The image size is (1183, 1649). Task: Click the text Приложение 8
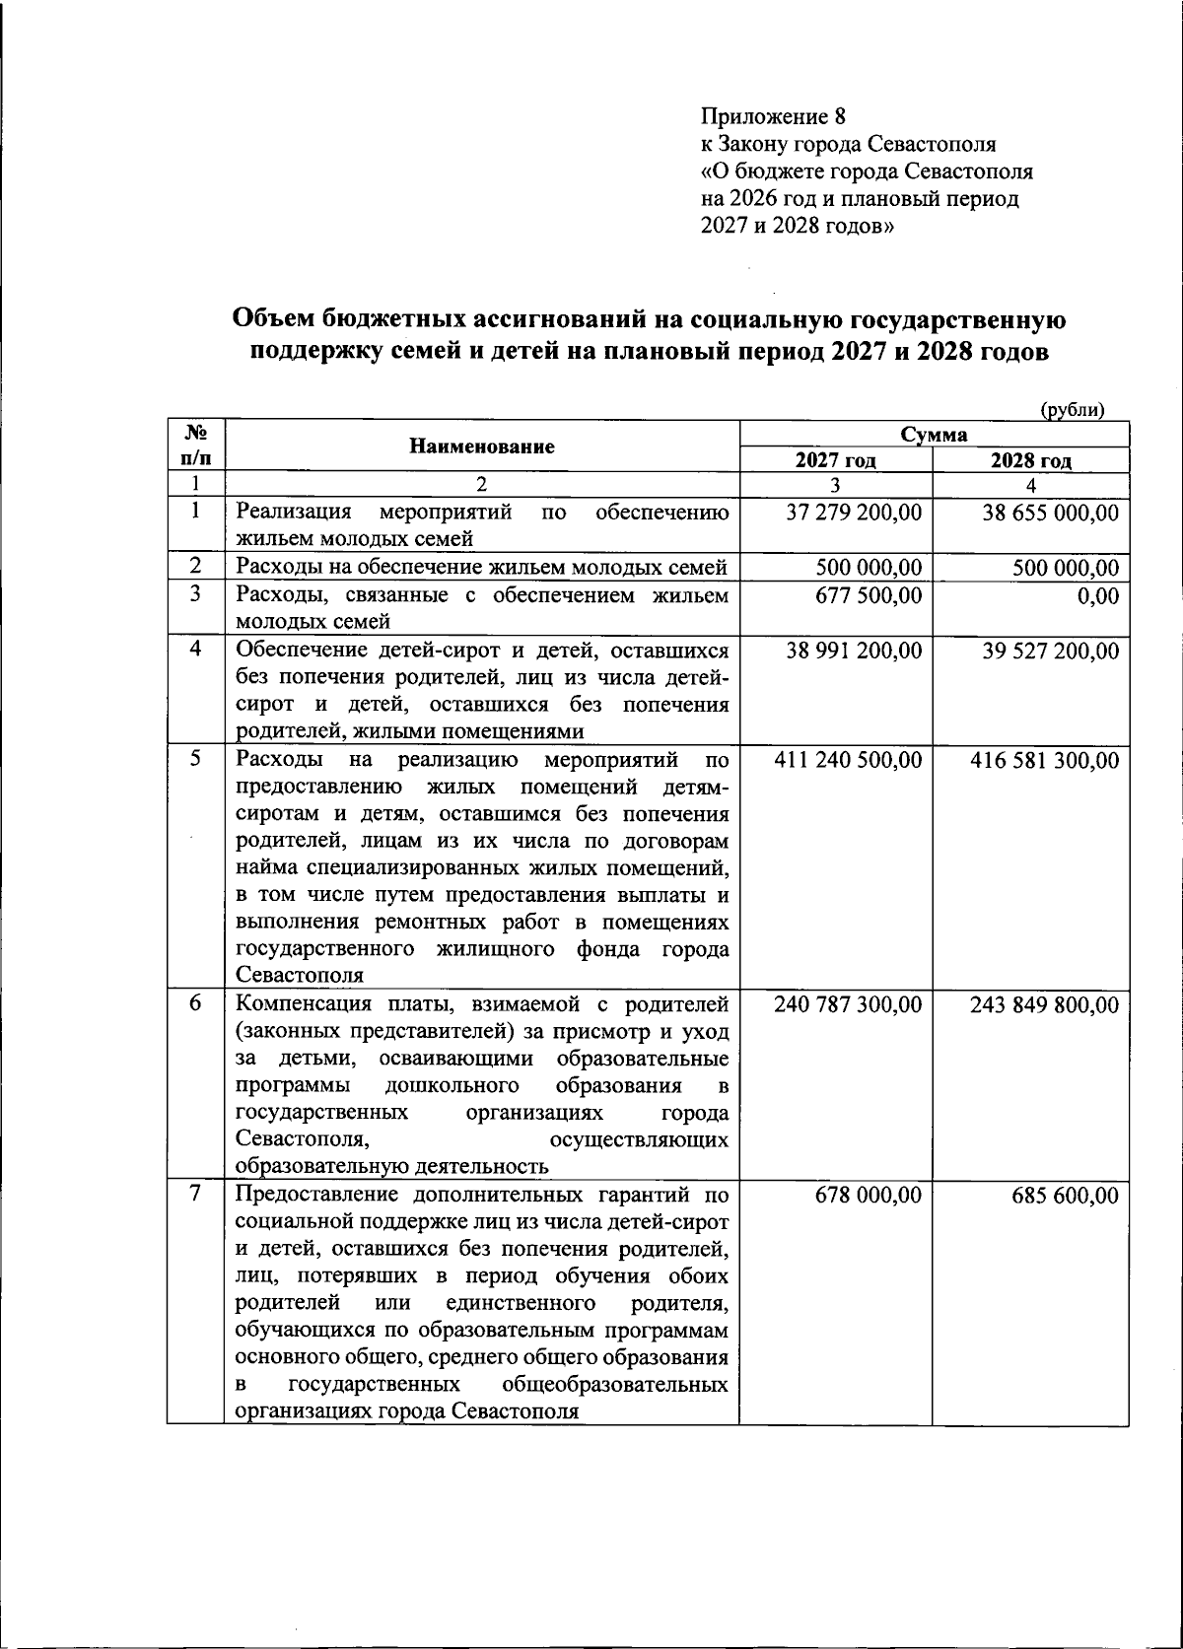773,117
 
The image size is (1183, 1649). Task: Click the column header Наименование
482,447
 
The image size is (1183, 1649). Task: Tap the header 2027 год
836,461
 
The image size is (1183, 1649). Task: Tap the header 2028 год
1030,461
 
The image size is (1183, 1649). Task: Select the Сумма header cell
933,435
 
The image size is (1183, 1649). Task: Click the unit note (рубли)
1072,411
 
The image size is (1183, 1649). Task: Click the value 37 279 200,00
854,513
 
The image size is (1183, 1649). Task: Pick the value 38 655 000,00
1050,513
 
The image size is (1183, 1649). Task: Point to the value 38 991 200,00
854,651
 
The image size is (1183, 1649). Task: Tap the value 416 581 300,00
1044,760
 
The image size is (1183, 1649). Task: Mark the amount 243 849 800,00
1044,1004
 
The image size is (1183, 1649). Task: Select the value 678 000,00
869,1195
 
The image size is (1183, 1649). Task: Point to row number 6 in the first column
196,1002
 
